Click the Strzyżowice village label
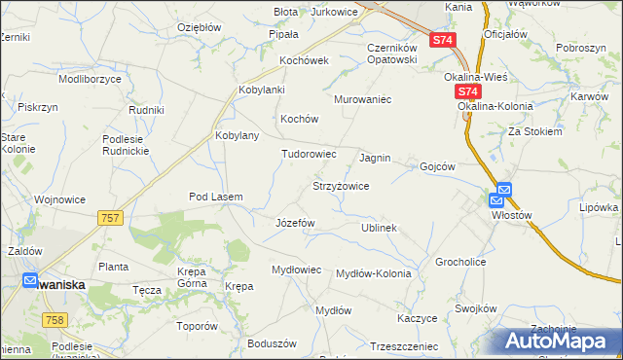pos(340,185)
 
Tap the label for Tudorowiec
pos(309,154)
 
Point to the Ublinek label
pos(379,228)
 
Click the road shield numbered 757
pos(110,219)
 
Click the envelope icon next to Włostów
pos(503,190)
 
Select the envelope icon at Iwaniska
pos(32,280)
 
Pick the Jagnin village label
pos(375,157)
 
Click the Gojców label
pos(437,166)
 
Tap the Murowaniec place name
pos(362,99)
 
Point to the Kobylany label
pos(237,135)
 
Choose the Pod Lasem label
pos(215,197)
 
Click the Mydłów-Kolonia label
pos(373,273)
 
